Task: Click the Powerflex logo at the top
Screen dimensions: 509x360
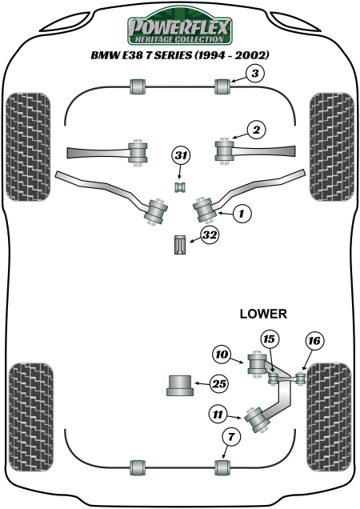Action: (179, 30)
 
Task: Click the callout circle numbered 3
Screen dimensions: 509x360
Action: (253, 74)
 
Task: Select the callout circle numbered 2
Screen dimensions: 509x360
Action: (254, 130)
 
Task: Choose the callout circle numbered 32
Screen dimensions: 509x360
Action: (209, 235)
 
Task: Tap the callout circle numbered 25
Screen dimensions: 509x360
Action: (218, 384)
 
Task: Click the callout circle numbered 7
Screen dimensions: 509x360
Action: (230, 436)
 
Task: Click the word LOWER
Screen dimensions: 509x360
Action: (263, 314)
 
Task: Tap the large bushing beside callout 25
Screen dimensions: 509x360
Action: (181, 385)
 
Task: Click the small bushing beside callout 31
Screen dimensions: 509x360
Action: (181, 186)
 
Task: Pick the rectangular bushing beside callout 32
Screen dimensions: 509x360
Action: (181, 243)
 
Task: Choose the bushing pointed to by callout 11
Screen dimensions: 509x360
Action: (260, 419)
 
